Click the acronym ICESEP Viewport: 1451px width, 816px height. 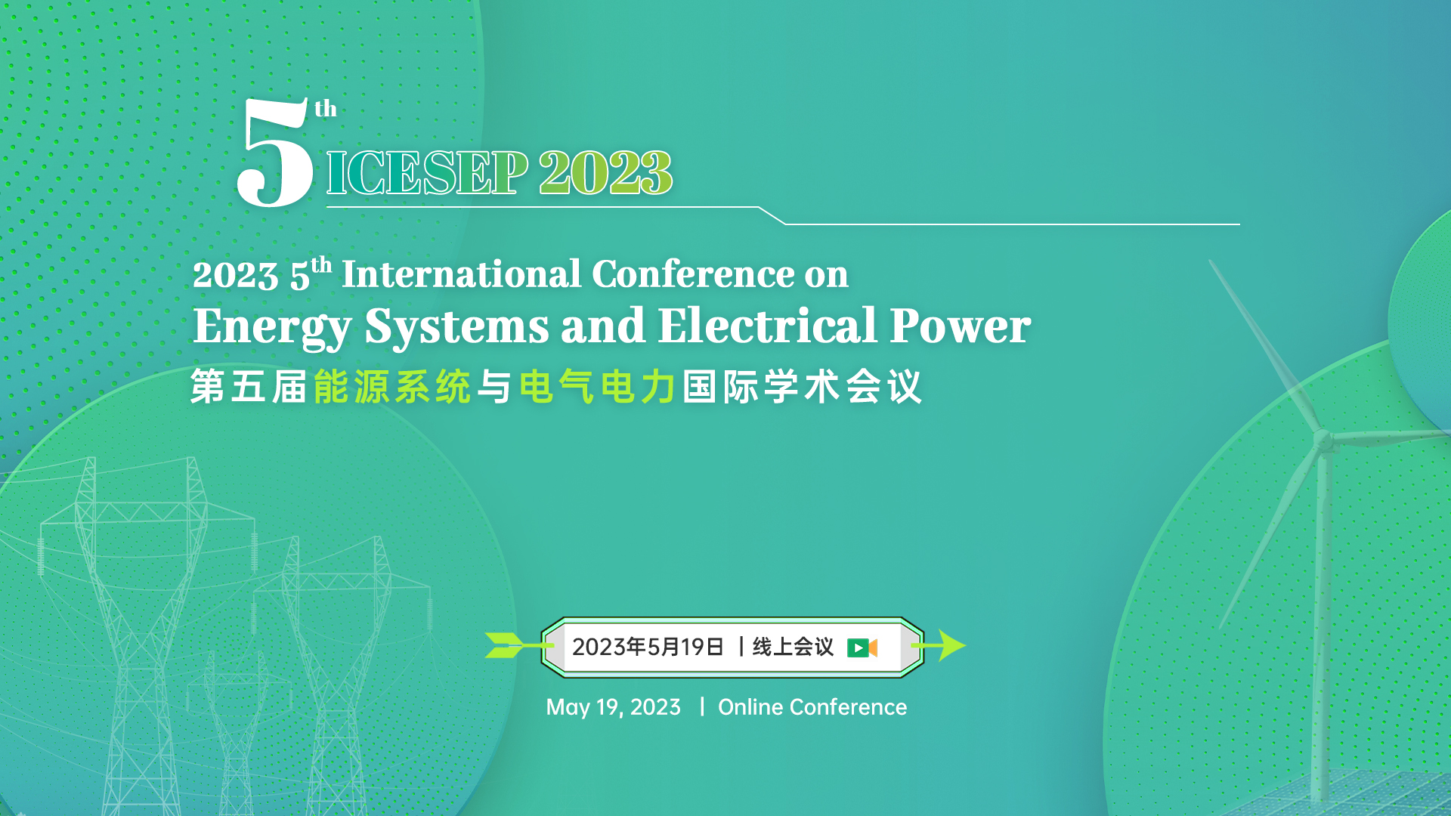click(427, 173)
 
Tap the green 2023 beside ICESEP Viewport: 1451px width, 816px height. click(605, 173)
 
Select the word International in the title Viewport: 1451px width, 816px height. click(462, 274)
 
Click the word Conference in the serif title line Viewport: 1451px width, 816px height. click(693, 274)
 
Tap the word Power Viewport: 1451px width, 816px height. click(960, 327)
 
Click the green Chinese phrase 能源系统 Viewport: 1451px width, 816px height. click(392, 387)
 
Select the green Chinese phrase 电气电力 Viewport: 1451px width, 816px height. click(597, 387)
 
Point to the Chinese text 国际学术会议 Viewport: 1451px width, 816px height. click(802, 387)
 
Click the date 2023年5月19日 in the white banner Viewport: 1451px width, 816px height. click(648, 647)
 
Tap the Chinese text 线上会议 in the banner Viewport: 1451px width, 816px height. click(793, 647)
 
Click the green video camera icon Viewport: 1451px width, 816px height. click(862, 648)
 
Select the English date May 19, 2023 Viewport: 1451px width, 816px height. click(613, 707)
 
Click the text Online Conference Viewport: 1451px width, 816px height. click(812, 707)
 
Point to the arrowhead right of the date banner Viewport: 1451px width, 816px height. click(952, 645)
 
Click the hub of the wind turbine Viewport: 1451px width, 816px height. click(1323, 440)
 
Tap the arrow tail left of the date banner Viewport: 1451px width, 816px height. click(505, 645)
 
